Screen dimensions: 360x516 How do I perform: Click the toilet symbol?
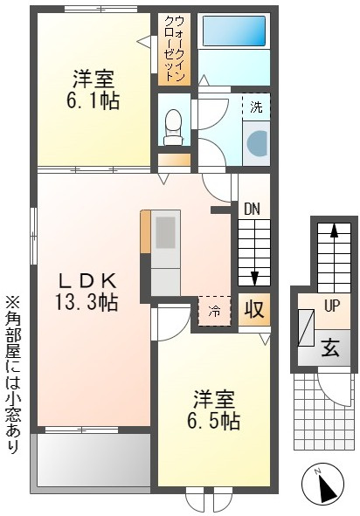[173, 127]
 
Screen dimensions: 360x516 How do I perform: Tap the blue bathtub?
[234, 31]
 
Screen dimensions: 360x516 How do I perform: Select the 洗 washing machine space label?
[256, 107]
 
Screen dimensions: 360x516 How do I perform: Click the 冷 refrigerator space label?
[214, 311]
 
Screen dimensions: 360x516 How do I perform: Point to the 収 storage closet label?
[254, 309]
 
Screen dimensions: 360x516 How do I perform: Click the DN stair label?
[252, 210]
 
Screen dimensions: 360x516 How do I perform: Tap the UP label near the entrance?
[332, 306]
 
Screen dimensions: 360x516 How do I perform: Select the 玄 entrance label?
[330, 347]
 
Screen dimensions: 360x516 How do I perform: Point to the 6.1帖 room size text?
[93, 101]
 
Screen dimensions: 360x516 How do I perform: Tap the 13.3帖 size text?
[87, 302]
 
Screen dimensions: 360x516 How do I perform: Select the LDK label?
[87, 281]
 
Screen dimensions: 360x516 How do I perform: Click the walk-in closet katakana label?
[174, 49]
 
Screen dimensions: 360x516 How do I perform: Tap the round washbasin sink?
[257, 143]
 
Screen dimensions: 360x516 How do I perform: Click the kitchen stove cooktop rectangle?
[165, 232]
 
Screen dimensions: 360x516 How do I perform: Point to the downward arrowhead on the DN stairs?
[254, 278]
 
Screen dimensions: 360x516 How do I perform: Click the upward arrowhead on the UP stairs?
[334, 230]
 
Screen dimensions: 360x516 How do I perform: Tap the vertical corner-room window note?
[13, 375]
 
